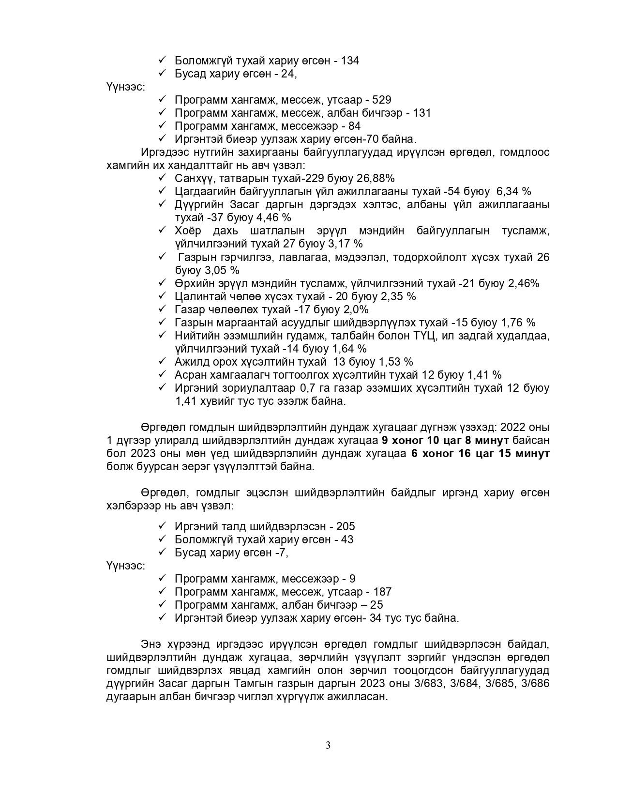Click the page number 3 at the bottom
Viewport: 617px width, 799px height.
(328, 745)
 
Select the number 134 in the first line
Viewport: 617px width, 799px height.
(350, 61)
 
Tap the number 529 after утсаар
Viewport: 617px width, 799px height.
(382, 100)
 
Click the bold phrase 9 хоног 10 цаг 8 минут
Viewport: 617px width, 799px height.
(445, 441)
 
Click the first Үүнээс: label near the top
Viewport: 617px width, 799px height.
(125, 87)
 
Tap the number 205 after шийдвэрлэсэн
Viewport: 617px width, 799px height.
(346, 526)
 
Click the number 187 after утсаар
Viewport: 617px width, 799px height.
(382, 592)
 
